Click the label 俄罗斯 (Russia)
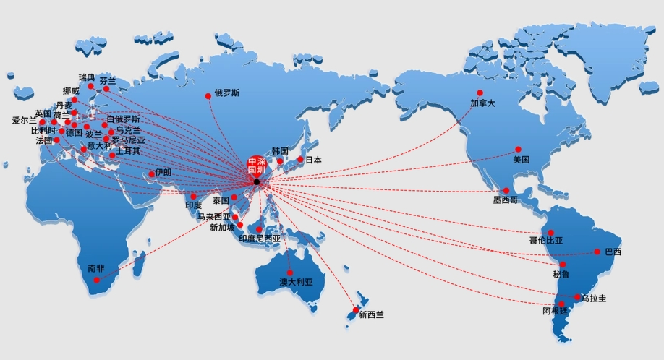tap(227, 93)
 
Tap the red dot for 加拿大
tap(478, 92)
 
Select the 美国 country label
tap(522, 159)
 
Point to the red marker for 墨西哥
tap(506, 190)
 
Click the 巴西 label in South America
tap(613, 252)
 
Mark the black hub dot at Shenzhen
tap(256, 181)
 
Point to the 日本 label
tap(313, 160)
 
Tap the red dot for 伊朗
tap(152, 173)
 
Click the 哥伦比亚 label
tap(546, 241)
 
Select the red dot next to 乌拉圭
tap(577, 297)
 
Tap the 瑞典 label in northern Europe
tap(86, 77)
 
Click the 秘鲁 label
tap(561, 275)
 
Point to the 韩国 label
tap(280, 150)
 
